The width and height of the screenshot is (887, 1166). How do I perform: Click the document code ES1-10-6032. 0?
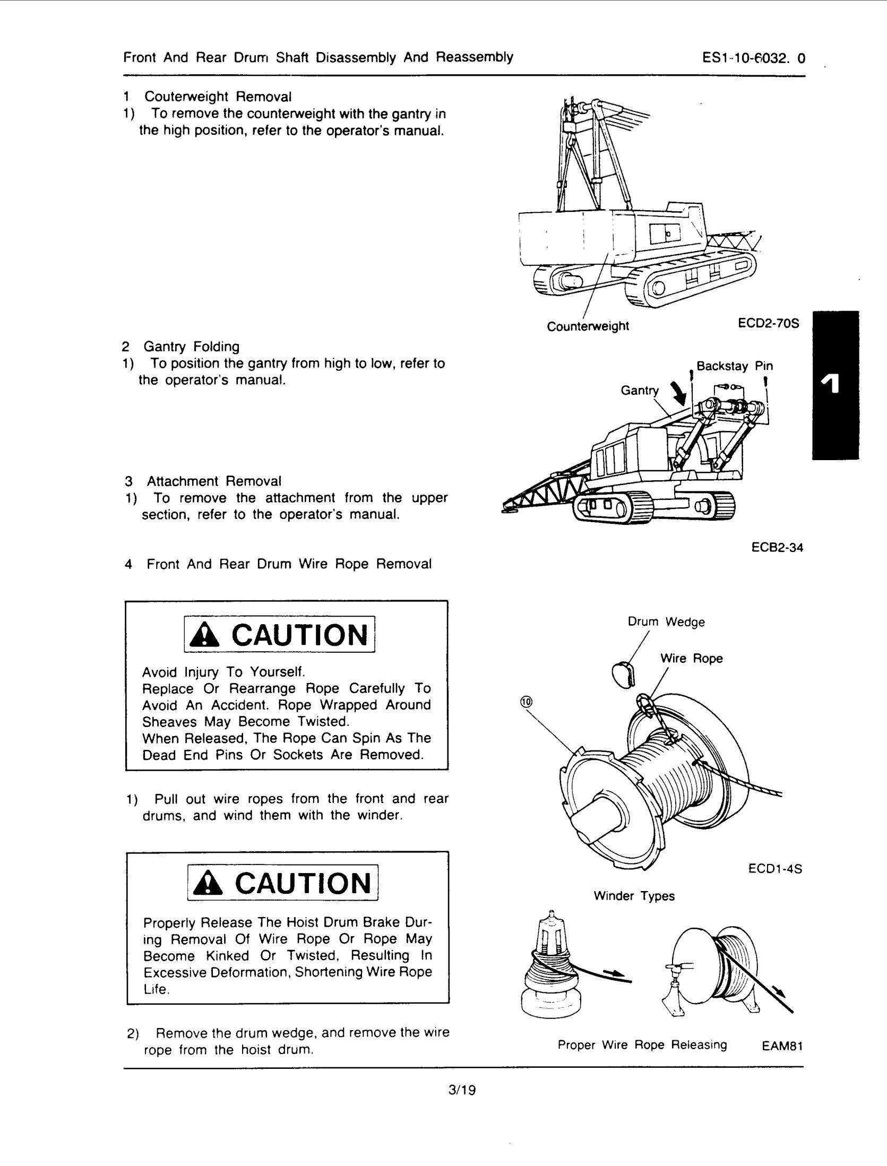pyautogui.click(x=753, y=58)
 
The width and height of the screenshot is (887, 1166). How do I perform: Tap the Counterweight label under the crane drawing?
pyautogui.click(x=588, y=326)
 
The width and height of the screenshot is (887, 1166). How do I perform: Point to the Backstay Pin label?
pyautogui.click(x=735, y=366)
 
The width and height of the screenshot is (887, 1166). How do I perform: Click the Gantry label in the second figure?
pyautogui.click(x=639, y=391)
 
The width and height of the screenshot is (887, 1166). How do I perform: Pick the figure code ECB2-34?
pyautogui.click(x=777, y=547)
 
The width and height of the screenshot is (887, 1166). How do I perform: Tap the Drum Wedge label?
pyautogui.click(x=666, y=621)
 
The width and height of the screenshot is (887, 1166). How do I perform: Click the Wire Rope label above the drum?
pyautogui.click(x=691, y=659)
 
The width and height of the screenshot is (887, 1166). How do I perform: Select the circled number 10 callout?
pyautogui.click(x=526, y=702)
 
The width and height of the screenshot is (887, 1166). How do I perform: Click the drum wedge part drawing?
pyautogui.click(x=623, y=675)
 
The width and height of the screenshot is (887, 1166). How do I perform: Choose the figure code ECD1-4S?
pyautogui.click(x=774, y=869)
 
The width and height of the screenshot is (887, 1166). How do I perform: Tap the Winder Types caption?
pyautogui.click(x=634, y=896)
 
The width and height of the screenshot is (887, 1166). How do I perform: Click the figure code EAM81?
pyautogui.click(x=781, y=1046)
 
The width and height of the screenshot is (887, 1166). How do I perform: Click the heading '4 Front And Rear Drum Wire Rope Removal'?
pyautogui.click(x=278, y=564)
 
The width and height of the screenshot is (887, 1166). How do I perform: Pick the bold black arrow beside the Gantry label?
pyautogui.click(x=679, y=393)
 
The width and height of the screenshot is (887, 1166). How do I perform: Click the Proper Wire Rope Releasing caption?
pyautogui.click(x=642, y=1045)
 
